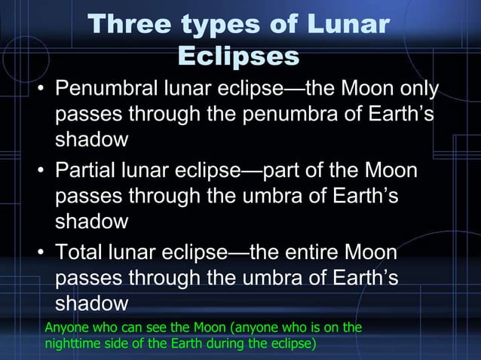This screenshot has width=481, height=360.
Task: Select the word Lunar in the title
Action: [x=347, y=26]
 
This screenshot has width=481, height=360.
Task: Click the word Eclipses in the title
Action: [x=239, y=56]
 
